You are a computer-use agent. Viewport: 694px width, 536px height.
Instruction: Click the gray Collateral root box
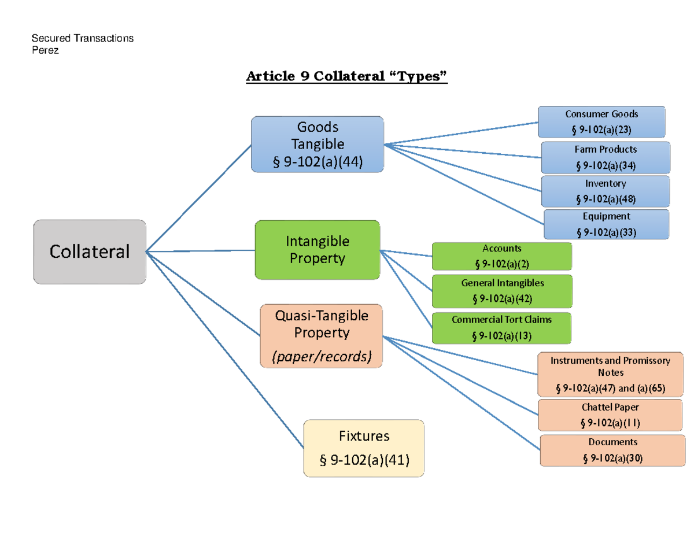pos(90,252)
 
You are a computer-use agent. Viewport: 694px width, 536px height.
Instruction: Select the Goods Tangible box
pos(317,144)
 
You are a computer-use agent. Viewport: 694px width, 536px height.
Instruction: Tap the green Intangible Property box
pos(318,249)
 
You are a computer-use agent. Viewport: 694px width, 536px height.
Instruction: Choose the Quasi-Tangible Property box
pos(322,336)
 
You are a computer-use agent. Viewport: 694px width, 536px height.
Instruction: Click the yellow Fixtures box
pos(364,448)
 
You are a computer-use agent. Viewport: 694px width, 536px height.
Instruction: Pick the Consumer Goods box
pos(601,121)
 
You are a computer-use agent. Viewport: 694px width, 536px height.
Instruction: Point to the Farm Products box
pos(606,157)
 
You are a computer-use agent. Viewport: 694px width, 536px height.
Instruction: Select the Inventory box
pos(606,191)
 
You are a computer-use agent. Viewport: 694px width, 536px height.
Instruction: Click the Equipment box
pos(606,224)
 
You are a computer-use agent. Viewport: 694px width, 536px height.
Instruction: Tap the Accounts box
pos(501,256)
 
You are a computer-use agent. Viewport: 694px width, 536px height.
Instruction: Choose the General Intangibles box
pos(502,291)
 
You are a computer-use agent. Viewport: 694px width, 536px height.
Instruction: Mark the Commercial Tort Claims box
pos(501,327)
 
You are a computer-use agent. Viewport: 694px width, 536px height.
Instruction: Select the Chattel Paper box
pos(610,415)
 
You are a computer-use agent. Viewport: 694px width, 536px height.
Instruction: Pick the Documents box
pos(612,450)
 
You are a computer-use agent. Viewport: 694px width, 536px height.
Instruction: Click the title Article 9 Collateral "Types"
pos(347,76)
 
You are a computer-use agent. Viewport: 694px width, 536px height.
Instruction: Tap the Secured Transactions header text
pos(82,39)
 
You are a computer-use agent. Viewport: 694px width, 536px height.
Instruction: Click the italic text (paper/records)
pos(322,357)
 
